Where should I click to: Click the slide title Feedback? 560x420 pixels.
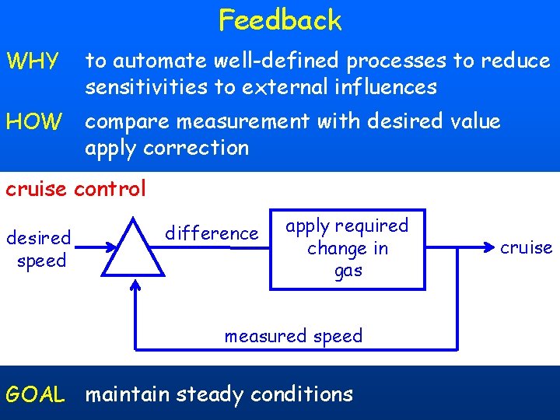[x=280, y=19]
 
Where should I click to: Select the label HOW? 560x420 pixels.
[x=33, y=121]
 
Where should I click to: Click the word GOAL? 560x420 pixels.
[x=35, y=395]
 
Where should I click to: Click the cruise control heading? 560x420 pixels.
[x=75, y=189]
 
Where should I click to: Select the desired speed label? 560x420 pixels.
[x=39, y=249]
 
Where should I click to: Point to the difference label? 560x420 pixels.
[x=212, y=233]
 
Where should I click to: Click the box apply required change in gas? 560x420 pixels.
[x=347, y=249]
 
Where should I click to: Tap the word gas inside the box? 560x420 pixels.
[x=348, y=271]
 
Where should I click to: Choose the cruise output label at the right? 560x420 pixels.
[x=526, y=248]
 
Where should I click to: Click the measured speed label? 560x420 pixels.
[x=293, y=336]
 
